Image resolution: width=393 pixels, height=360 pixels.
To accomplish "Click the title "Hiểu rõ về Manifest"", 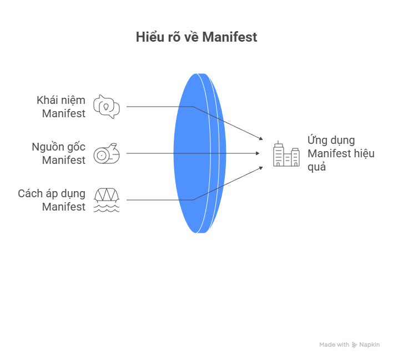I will click(196, 37).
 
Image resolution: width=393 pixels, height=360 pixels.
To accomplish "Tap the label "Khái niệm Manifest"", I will click(61, 107).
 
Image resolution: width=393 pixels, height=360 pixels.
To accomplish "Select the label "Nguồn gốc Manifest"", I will click(58, 153).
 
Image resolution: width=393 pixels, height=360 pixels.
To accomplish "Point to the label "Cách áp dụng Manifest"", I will click(52, 200).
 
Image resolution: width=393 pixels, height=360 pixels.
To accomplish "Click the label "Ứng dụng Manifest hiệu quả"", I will click(340, 153).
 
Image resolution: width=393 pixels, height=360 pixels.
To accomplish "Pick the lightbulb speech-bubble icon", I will click(106, 107).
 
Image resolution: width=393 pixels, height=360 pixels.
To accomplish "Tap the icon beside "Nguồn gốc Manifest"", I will click(105, 153).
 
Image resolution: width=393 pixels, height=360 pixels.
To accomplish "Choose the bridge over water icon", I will click(106, 200).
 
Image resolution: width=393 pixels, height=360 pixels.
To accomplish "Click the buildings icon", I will click(286, 154).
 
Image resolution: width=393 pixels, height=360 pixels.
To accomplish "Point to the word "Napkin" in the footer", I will click(369, 345).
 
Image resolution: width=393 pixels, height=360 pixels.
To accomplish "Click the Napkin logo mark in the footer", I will click(354, 345).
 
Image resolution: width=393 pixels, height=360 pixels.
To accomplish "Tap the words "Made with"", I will click(334, 345).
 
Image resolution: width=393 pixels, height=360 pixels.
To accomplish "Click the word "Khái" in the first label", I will click(47, 100).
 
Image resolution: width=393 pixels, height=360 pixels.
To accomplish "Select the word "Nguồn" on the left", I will click(46, 147).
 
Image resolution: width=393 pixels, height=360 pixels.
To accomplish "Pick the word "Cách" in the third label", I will click(29, 193).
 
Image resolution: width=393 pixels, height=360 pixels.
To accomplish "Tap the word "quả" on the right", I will click(317, 166).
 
